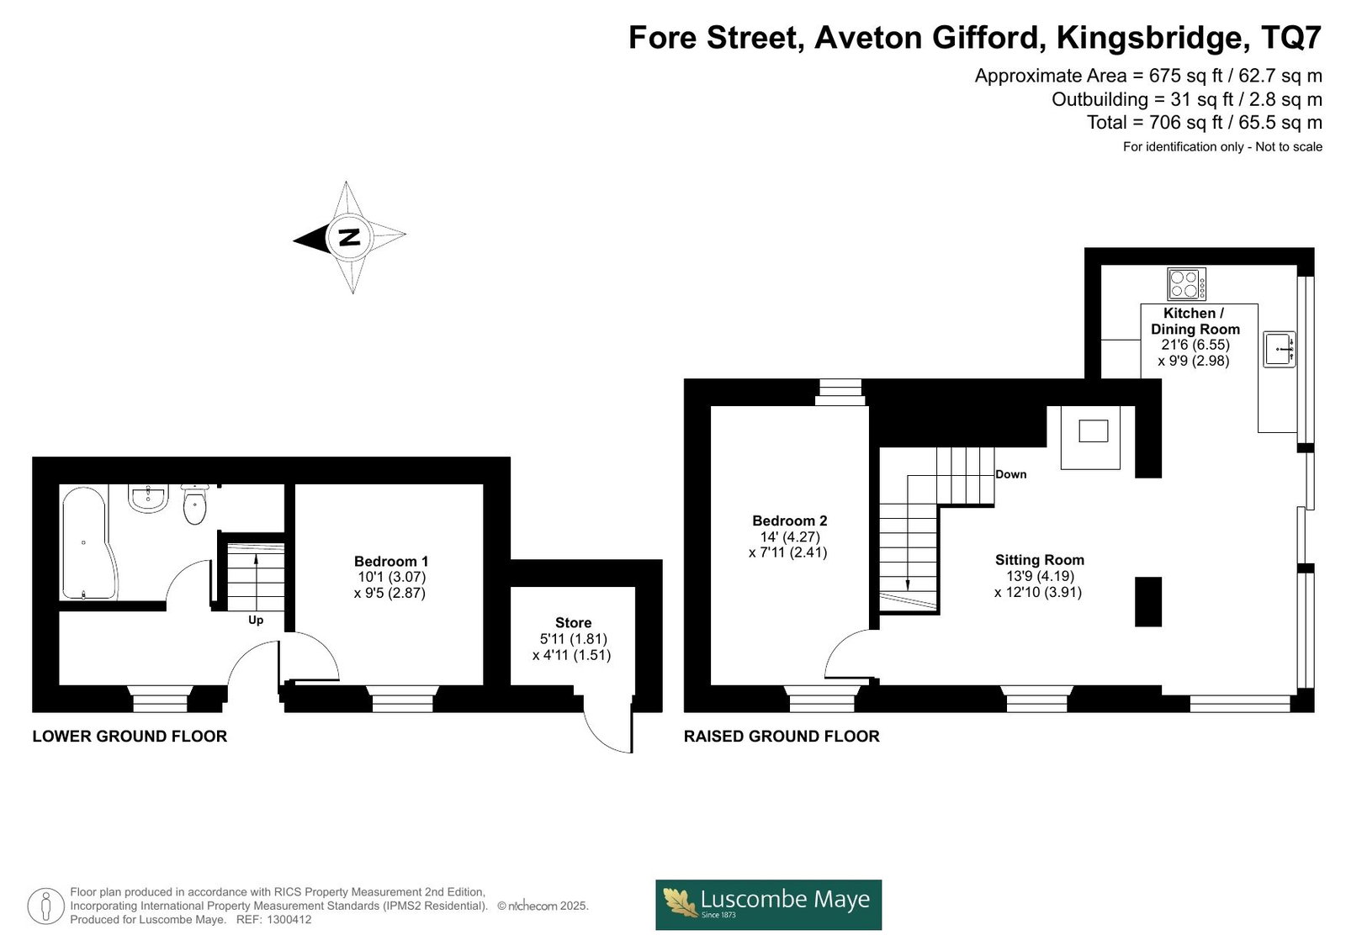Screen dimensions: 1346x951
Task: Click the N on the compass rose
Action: pos(349,237)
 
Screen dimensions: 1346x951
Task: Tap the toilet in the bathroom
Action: pos(194,504)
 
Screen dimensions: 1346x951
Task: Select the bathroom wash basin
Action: pos(148,499)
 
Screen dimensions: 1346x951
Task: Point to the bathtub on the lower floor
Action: pos(88,543)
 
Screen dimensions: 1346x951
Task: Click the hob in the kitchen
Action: pos(1186,284)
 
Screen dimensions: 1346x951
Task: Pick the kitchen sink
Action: pos(1280,349)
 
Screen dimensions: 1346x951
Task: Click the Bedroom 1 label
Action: pos(391,561)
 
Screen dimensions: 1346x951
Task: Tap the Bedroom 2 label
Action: pos(790,520)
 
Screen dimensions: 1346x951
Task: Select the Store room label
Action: pos(573,622)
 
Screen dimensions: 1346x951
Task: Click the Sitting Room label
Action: pos(1040,560)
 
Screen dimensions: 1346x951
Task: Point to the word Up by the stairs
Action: pos(256,620)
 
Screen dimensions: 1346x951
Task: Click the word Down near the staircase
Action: pos(1010,474)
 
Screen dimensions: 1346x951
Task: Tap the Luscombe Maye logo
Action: pos(769,905)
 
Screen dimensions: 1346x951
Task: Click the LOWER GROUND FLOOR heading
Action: pos(130,736)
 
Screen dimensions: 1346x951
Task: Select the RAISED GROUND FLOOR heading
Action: pos(782,736)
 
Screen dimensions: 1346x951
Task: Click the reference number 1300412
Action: pos(289,920)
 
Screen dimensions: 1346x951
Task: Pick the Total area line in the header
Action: pos(1204,122)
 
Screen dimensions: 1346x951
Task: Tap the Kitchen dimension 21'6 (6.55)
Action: pos(1195,345)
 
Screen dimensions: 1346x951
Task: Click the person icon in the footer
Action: pos(45,906)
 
